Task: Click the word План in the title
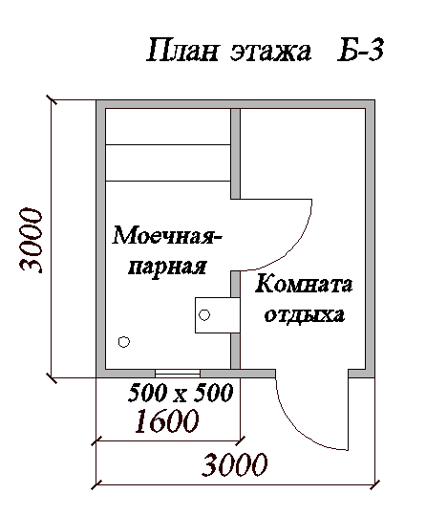[182, 51]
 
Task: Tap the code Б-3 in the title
[360, 51]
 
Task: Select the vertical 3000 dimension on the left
[32, 240]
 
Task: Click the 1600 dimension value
[167, 420]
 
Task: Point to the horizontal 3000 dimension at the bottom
[234, 464]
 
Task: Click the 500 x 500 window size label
[181, 393]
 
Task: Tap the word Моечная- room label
[167, 236]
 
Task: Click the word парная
[167, 266]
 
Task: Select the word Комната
[304, 284]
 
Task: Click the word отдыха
[305, 315]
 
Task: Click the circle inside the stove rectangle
[204, 315]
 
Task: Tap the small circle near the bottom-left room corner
[124, 342]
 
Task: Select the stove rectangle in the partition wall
[218, 315]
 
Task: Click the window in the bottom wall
[178, 373]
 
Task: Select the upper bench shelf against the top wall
[168, 126]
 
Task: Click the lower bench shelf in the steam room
[168, 162]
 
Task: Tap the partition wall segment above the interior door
[235, 154]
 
